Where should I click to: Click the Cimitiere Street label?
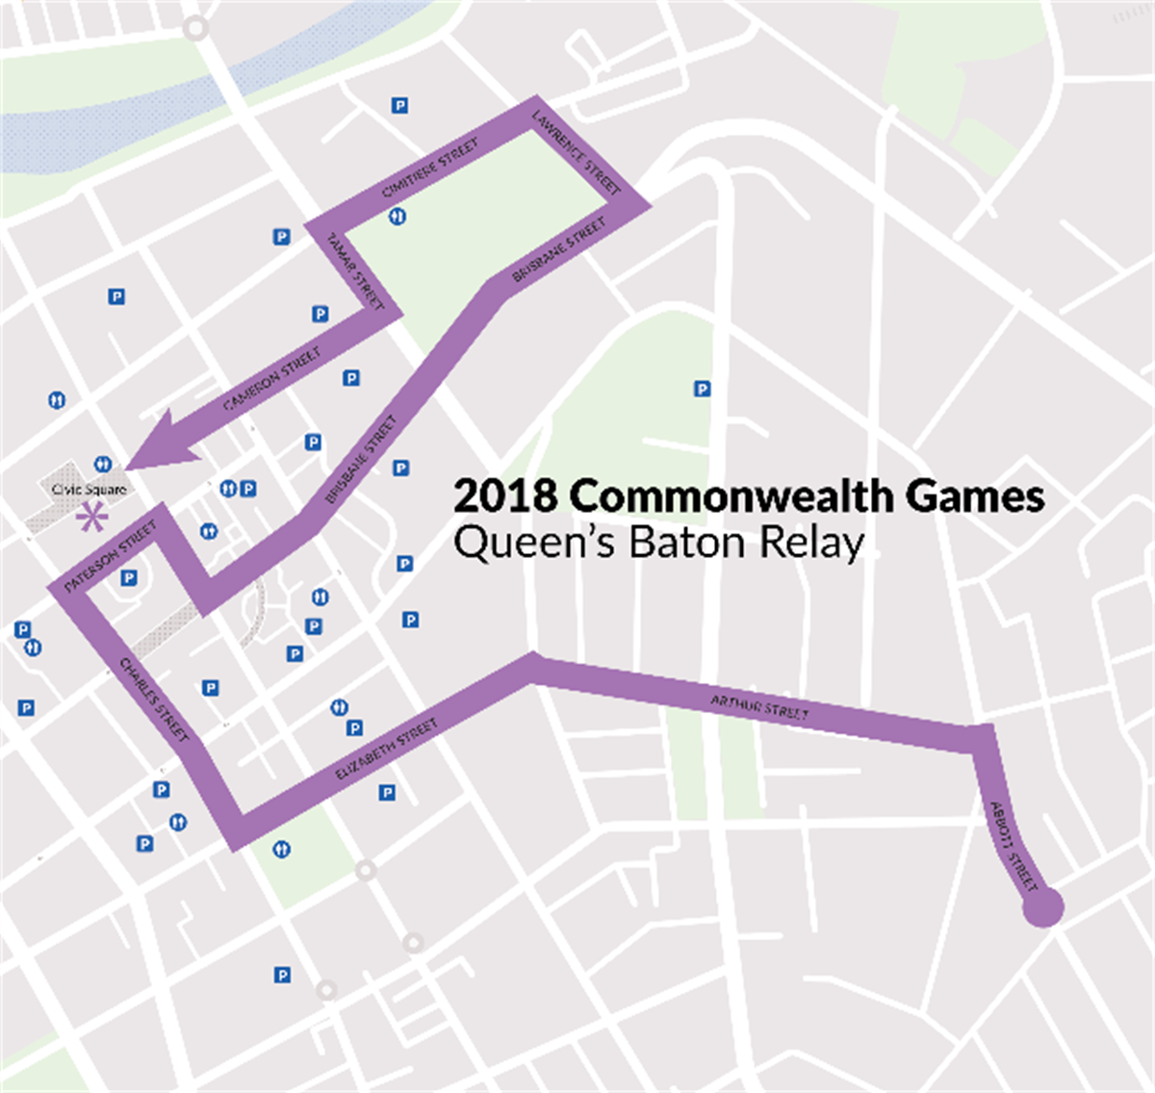[429, 169]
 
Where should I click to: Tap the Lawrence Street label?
[577, 152]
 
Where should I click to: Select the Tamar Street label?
[355, 271]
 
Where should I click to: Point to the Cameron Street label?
[271, 380]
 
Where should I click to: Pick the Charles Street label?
[153, 699]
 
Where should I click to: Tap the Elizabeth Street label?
[386, 750]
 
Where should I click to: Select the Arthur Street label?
[759, 707]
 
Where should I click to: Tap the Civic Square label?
[89, 490]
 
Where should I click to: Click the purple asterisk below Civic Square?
[92, 520]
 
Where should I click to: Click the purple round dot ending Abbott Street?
[1042, 907]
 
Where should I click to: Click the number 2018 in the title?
[505, 496]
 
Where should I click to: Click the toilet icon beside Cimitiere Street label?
[398, 216]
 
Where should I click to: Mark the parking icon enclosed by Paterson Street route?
[129, 577]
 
